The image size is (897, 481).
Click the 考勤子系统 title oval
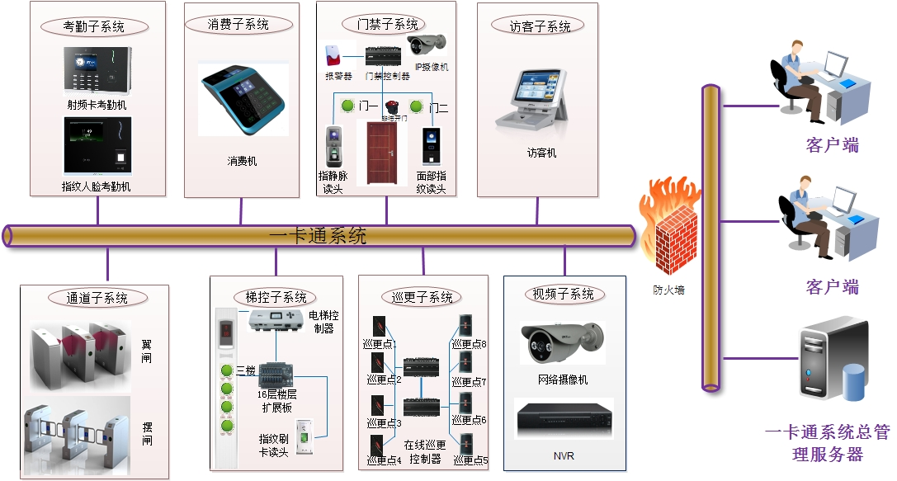coord(94,26)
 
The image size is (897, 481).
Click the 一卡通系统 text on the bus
coord(318,237)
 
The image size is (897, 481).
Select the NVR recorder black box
coord(564,419)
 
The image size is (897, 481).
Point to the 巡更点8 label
coord(470,344)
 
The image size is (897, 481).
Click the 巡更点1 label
coord(380,344)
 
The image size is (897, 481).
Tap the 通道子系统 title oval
coord(97,298)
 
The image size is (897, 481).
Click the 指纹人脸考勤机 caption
coord(97,186)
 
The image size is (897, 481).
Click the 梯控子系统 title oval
coord(276,297)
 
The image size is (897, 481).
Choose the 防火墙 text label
coord(668,290)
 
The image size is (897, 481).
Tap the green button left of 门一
coord(348,106)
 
